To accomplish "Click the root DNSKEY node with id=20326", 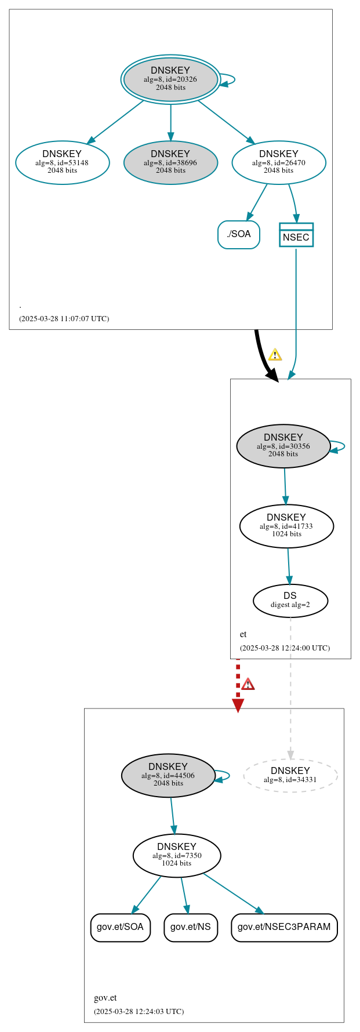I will coord(170,79).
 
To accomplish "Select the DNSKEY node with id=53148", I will coord(63,163).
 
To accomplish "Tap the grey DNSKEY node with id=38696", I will coord(170,163).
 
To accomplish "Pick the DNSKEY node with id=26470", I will coord(279,163).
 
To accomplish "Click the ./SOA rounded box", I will coord(239,234).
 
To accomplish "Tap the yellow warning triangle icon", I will coord(275,355).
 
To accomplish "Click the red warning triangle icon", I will coord(248,684).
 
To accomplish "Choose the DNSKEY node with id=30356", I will coord(283,446).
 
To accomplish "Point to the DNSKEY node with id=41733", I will coord(286,526).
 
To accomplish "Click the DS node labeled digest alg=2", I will coord(290,601).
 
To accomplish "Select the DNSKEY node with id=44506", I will coord(168,776).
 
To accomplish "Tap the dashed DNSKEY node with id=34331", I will coord(290,775).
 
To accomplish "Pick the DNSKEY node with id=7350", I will coord(177,856).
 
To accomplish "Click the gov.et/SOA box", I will coord(120,927).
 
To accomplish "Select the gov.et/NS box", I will coord(191,927).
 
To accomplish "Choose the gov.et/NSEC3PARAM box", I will coord(284,927).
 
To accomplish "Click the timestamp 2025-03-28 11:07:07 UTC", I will coord(64,319).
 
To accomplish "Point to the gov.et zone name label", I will coord(106,998).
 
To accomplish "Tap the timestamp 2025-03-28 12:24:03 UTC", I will coord(139,1012).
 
